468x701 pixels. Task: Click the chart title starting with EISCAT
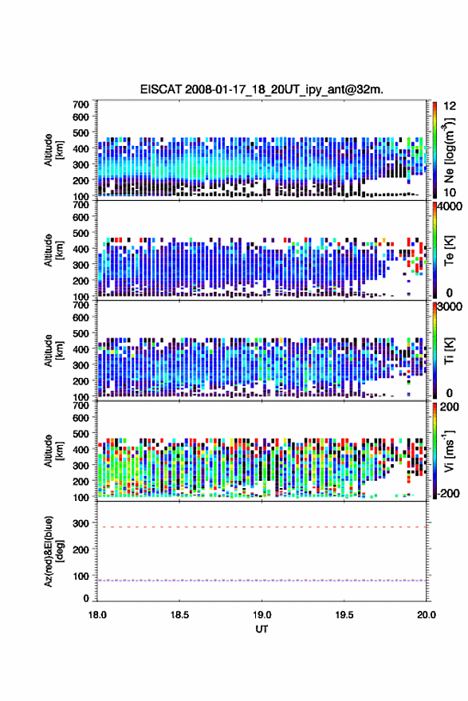coord(262,89)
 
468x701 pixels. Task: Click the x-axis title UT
coord(262,629)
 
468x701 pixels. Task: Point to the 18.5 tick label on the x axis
coord(179,615)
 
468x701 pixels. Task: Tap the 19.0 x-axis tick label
coord(262,615)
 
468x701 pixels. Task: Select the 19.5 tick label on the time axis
coord(344,615)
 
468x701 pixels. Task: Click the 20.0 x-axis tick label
coord(426,615)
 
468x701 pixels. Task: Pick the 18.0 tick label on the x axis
coord(97,615)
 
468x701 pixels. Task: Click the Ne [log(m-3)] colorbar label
coord(449,150)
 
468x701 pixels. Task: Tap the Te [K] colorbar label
coord(449,250)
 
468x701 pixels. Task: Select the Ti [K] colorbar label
coord(449,351)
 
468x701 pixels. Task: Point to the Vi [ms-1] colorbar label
coord(449,451)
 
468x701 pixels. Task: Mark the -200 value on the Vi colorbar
coord(447,494)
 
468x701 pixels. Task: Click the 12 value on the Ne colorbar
coord(450,106)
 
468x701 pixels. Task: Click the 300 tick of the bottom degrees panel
coord(81,522)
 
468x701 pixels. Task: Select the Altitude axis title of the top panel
coord(53,150)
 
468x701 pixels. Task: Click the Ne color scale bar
coord(435,150)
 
